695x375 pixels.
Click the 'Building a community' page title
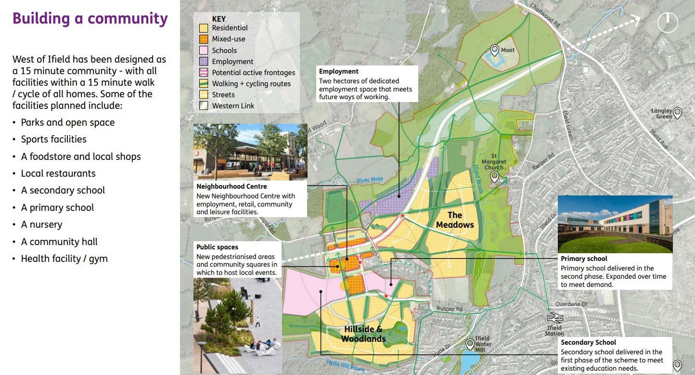pyautogui.click(x=90, y=19)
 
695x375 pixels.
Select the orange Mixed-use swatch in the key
pyautogui.click(x=204, y=39)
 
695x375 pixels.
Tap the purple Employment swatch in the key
pyautogui.click(x=204, y=62)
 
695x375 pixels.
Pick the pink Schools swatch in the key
pyautogui.click(x=204, y=50)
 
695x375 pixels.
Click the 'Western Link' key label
pyautogui.click(x=233, y=106)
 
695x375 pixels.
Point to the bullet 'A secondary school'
pyautogui.click(x=63, y=191)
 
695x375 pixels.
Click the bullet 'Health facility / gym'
pyautogui.click(x=64, y=259)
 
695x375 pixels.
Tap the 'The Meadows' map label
pyautogui.click(x=455, y=220)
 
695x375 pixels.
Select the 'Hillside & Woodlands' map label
pyautogui.click(x=363, y=334)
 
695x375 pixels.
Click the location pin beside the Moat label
pyautogui.click(x=494, y=49)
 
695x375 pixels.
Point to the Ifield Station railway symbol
pyautogui.click(x=554, y=318)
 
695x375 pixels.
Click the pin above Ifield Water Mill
pyautogui.click(x=470, y=344)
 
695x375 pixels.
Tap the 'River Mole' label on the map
pyautogui.click(x=370, y=180)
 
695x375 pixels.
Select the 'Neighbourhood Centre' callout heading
pyautogui.click(x=232, y=186)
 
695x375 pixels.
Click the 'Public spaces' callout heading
pyautogui.click(x=217, y=247)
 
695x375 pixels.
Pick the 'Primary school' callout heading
pyautogui.click(x=584, y=259)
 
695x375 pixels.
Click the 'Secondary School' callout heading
pyautogui.click(x=588, y=343)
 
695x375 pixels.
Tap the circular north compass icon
pyautogui.click(x=668, y=22)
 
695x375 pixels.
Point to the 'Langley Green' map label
pyautogui.click(x=661, y=114)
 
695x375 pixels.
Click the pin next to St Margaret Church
pyautogui.click(x=494, y=177)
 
